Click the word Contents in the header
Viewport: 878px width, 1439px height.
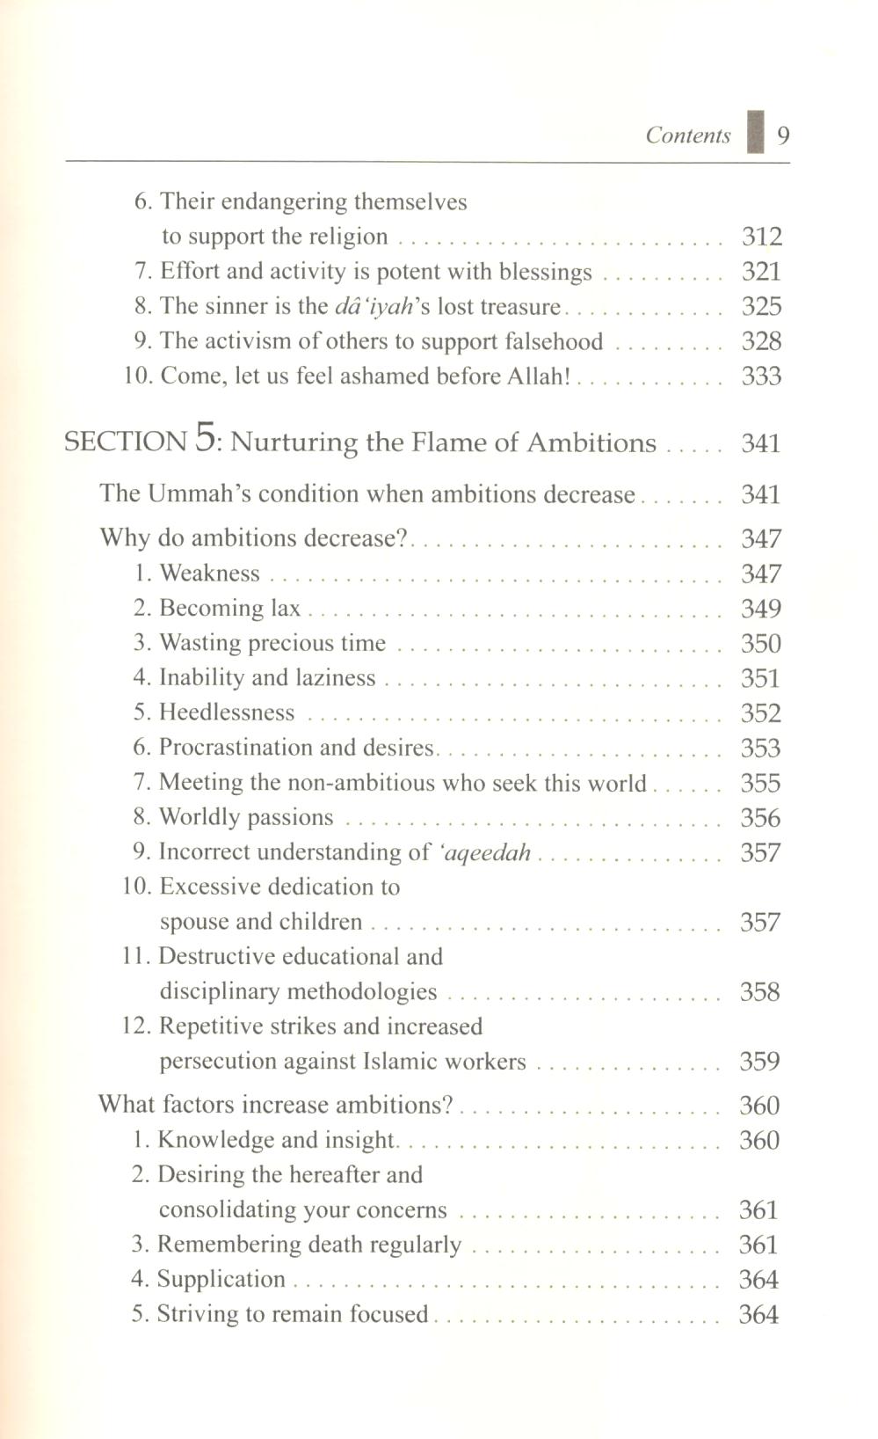pyautogui.click(x=688, y=135)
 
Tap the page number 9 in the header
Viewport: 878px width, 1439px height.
pyautogui.click(x=783, y=135)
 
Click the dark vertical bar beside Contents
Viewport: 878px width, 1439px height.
pyautogui.click(x=755, y=133)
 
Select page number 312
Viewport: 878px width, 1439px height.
pyautogui.click(x=761, y=237)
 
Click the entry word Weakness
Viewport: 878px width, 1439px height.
pyautogui.click(x=210, y=573)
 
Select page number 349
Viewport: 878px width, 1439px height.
pyautogui.click(x=760, y=609)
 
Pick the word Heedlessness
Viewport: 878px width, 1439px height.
pyautogui.click(x=227, y=712)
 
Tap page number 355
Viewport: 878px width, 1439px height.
pyautogui.click(x=760, y=783)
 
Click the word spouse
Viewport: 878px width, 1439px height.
pyautogui.click(x=192, y=922)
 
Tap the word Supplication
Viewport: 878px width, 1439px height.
pyautogui.click(x=221, y=1279)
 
